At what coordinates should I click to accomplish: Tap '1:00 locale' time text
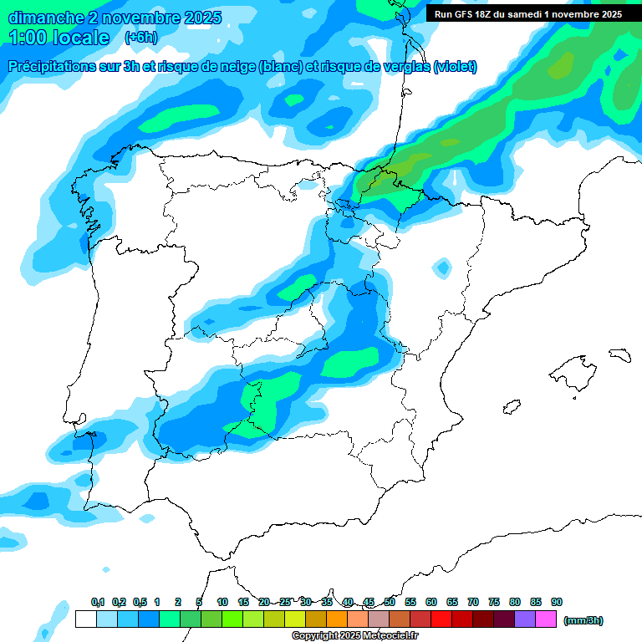pos(59,38)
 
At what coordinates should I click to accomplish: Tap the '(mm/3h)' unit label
pos(583,620)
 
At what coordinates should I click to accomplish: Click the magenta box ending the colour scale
pos(546,619)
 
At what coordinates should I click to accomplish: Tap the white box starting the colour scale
pos(85,619)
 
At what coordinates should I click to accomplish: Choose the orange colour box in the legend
pos(337,619)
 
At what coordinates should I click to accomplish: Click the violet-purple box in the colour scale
pos(525,619)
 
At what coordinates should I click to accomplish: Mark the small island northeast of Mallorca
pos(619,355)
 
